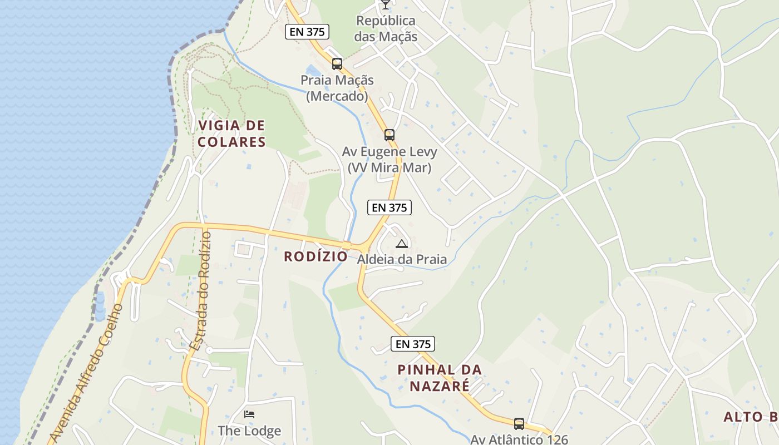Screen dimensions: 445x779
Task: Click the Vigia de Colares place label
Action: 231,133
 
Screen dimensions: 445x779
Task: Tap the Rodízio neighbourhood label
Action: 315,256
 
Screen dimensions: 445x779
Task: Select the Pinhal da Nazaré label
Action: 440,378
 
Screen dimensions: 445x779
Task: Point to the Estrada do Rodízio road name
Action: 201,290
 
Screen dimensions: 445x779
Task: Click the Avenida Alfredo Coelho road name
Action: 86,373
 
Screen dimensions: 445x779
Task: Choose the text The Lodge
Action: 249,431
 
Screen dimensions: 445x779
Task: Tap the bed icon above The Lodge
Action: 249,414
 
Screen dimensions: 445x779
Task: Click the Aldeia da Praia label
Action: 402,259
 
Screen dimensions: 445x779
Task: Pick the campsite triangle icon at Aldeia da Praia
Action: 402,244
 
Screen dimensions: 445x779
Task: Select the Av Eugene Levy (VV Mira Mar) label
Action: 389,160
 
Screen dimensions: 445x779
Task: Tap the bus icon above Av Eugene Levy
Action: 389,135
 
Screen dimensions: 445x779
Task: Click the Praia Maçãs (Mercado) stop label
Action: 337,88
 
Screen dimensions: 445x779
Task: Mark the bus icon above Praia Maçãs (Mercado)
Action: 337,64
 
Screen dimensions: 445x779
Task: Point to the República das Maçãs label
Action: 386,29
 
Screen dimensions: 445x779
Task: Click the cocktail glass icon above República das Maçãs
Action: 385,5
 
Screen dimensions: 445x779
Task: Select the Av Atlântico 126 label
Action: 519,439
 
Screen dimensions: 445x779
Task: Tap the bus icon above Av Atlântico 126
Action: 519,424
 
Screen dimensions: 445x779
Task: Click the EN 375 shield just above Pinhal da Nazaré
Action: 413,344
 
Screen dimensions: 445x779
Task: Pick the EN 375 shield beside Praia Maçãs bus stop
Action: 307,32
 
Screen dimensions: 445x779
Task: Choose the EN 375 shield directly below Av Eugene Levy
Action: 389,207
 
